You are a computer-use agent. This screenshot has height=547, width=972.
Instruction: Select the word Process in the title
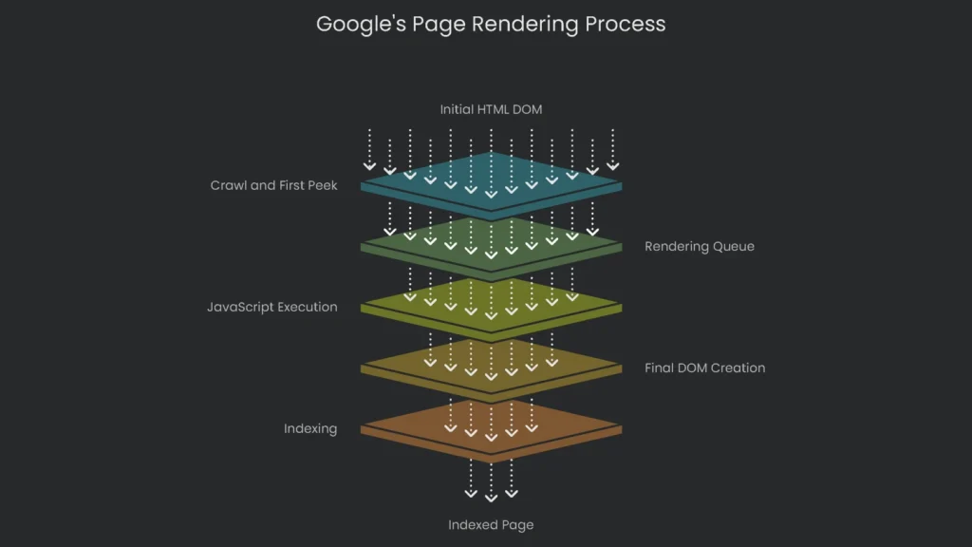[626, 24]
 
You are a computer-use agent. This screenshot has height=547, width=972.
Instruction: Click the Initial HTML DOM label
[491, 109]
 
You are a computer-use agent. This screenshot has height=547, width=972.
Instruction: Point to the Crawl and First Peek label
[273, 185]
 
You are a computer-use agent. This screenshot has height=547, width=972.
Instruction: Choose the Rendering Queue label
[699, 247]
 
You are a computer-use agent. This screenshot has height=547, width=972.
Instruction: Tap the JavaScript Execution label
[271, 307]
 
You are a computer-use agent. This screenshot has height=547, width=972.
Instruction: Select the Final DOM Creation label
[704, 368]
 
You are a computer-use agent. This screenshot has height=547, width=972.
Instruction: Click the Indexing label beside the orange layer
[309, 428]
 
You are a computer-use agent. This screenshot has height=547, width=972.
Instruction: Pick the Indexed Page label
[491, 524]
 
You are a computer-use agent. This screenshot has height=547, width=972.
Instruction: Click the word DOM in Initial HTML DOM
[527, 109]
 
